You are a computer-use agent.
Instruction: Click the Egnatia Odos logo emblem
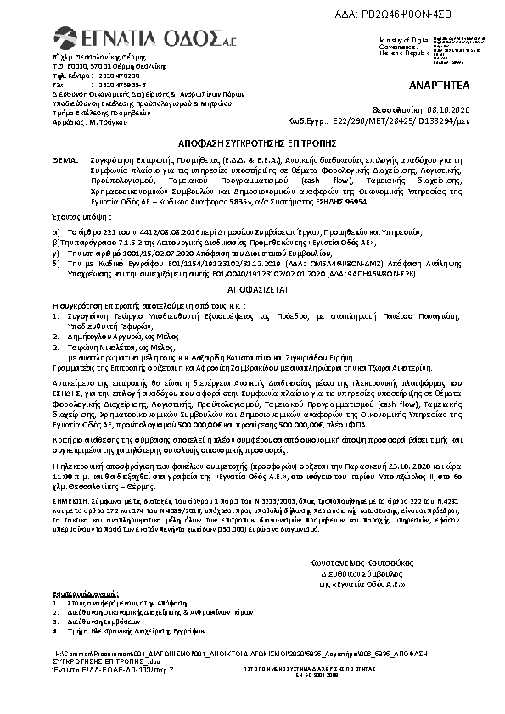click(66, 36)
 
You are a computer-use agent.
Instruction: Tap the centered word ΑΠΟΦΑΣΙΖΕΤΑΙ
click(252, 289)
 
